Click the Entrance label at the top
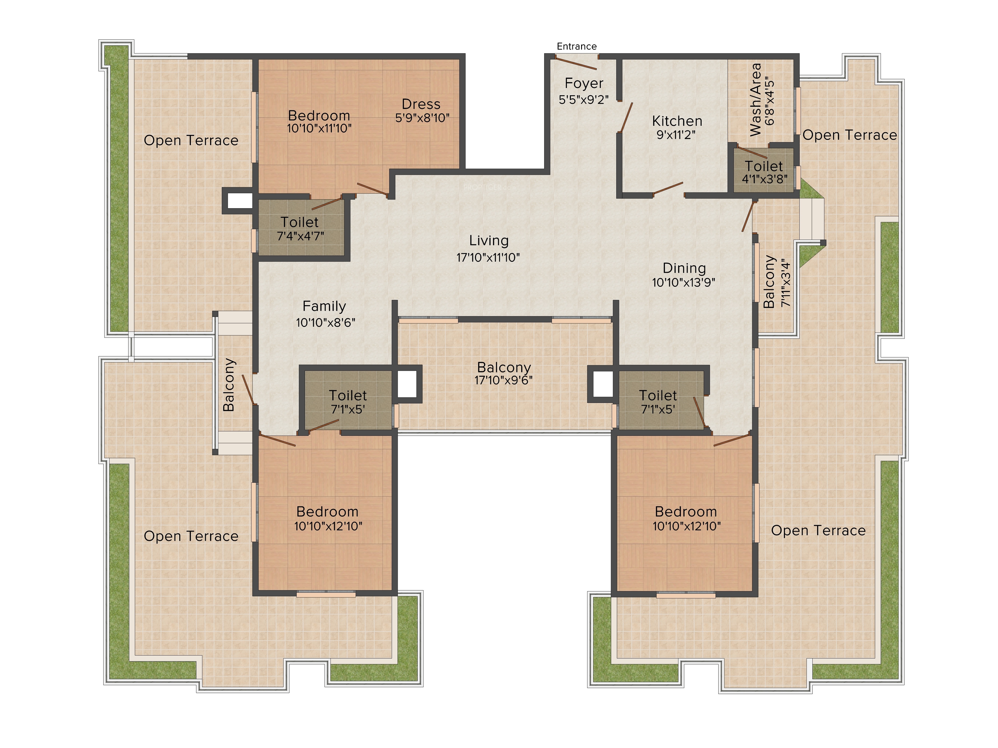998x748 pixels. coord(577,46)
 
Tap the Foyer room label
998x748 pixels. coord(584,84)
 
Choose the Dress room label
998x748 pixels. coord(421,104)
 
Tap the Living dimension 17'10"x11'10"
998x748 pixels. coord(488,258)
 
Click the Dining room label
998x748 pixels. coord(684,268)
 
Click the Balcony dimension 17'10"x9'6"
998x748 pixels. coord(503,380)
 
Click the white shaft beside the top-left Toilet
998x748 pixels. coord(240,201)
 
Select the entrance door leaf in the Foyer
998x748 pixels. coord(576,62)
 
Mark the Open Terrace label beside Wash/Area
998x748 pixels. coord(850,135)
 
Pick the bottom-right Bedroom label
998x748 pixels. coord(686,512)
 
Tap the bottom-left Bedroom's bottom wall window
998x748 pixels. coord(326,594)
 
